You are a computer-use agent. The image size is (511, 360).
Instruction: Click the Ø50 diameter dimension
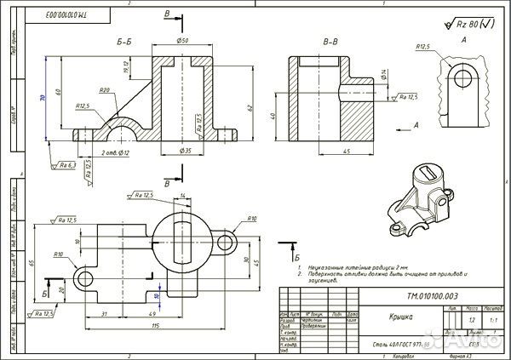pyautogui.click(x=183, y=40)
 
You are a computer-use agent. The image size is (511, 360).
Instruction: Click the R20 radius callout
pyautogui.click(x=105, y=90)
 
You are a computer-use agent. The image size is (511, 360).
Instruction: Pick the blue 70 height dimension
pyautogui.click(x=43, y=99)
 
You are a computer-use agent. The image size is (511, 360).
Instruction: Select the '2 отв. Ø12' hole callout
pyautogui.click(x=113, y=152)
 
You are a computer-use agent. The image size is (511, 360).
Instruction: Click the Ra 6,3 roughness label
pyautogui.click(x=66, y=164)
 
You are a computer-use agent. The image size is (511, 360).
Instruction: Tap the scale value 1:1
pyautogui.click(x=491, y=321)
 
